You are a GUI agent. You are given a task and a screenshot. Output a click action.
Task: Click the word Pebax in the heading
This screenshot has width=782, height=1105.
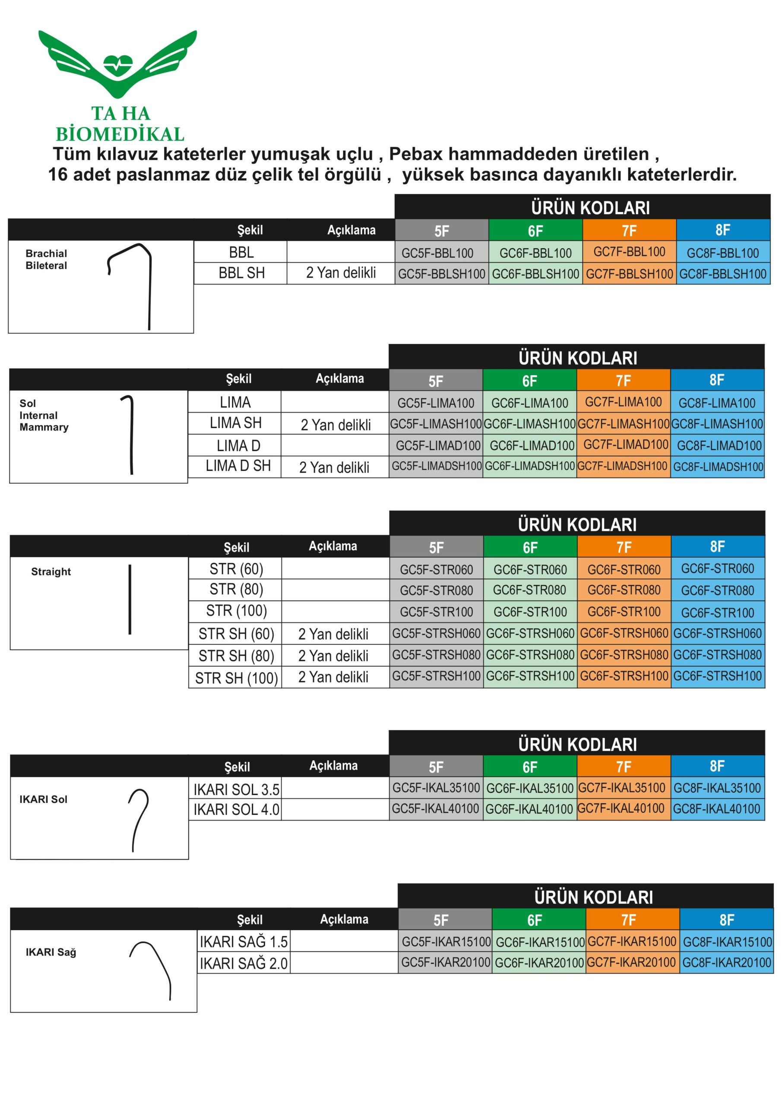415,154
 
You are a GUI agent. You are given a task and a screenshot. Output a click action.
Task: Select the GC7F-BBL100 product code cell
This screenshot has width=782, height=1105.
629,252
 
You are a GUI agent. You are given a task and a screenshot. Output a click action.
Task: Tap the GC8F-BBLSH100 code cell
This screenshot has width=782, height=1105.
722,274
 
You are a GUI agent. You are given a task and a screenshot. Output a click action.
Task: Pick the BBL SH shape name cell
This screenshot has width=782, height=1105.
241,273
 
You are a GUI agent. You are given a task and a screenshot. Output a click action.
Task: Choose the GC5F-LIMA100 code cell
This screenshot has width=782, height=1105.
435,403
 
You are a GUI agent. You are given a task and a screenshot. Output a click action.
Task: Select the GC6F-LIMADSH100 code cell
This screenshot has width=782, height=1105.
529,466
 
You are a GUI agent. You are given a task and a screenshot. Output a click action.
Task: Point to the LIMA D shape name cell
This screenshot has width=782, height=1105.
238,445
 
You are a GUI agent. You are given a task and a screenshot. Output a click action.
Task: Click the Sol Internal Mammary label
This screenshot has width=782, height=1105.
44,415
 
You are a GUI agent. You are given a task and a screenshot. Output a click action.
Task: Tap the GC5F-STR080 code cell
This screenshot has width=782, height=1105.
436,590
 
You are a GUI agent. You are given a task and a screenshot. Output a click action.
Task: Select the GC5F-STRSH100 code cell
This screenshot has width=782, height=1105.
436,676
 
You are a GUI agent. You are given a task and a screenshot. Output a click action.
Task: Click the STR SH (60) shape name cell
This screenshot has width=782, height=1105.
236,634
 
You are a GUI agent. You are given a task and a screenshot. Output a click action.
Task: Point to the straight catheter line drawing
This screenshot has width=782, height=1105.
130,599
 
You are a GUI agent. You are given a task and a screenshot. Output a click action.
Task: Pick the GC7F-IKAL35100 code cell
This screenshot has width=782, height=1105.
623,788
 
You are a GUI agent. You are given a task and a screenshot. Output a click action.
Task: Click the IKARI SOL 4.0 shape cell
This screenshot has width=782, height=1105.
236,809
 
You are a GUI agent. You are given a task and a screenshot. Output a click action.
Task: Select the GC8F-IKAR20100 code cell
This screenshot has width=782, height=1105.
726,963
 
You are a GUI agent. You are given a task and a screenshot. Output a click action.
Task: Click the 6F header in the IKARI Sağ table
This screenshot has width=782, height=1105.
535,920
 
